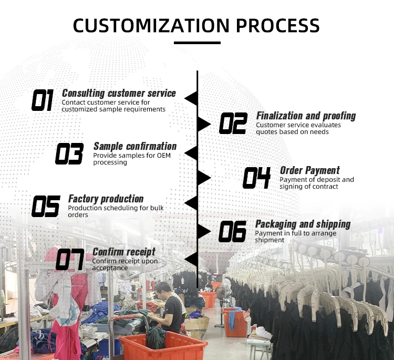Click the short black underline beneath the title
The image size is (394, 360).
[197, 43]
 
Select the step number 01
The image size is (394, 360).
[43, 100]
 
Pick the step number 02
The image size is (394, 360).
[233, 124]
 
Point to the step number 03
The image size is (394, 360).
[69, 154]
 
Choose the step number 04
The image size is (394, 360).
[256, 178]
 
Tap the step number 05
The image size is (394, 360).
[46, 207]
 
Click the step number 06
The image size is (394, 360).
[233, 232]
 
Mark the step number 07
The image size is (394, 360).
[70, 260]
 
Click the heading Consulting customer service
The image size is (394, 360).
[119, 93]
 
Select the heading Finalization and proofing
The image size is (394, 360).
[306, 116]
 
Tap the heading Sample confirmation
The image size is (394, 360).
[135, 146]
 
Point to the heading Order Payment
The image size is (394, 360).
[309, 170]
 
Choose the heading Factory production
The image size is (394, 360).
[106, 199]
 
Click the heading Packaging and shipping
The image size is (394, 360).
[303, 224]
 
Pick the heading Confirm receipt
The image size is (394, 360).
[124, 252]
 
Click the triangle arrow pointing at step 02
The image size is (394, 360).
[204, 125]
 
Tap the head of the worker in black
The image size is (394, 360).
[164, 289]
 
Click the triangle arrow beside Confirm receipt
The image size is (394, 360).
[191, 259]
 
